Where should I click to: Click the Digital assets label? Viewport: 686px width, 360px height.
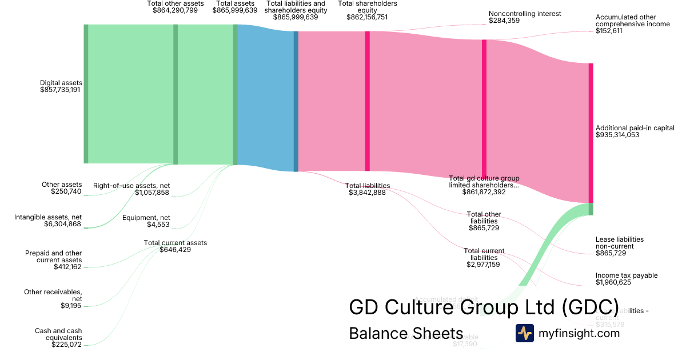point(61,83)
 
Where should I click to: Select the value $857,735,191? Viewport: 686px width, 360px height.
point(61,90)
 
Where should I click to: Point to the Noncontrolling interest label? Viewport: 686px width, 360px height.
point(525,14)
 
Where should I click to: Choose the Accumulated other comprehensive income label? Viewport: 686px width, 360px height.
point(625,21)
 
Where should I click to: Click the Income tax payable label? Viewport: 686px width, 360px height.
point(627,275)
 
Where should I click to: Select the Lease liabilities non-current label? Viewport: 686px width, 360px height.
point(620,243)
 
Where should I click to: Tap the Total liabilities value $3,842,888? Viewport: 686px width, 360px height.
point(367,193)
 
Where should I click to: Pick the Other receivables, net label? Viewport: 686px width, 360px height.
point(53,295)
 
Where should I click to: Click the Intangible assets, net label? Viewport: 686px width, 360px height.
point(48,217)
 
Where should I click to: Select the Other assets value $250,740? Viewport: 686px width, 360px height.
point(66,191)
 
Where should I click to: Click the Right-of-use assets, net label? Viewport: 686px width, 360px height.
point(131,186)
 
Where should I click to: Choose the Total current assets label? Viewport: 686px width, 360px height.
point(175,243)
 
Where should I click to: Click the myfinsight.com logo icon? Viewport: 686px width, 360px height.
point(524,333)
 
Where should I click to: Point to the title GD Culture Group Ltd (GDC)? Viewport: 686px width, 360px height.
point(484,307)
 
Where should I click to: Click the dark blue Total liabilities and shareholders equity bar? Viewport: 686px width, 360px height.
point(296,101)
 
